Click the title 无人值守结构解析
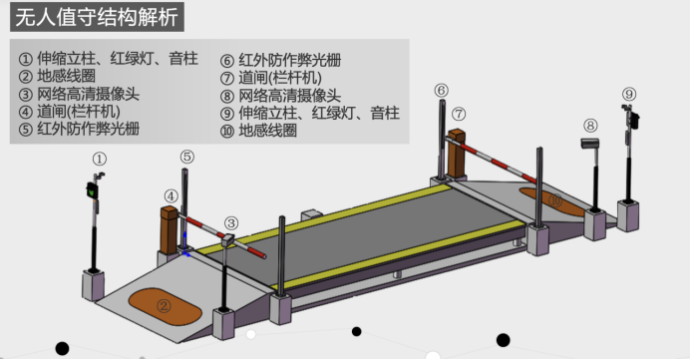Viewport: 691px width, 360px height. tap(100, 18)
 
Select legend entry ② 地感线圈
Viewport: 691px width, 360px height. tap(63, 75)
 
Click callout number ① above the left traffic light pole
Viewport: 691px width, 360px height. tap(99, 159)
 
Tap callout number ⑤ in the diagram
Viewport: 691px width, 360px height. tap(187, 156)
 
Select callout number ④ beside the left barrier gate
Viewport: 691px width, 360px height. tap(172, 196)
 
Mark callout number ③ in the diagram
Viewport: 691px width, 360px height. tap(231, 222)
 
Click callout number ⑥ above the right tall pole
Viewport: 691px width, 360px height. tap(441, 91)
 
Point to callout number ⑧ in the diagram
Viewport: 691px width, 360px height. tap(590, 126)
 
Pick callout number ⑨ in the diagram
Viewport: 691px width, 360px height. tap(628, 95)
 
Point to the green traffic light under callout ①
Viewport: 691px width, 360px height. tap(93, 190)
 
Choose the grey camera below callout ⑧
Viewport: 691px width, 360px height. tap(588, 145)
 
